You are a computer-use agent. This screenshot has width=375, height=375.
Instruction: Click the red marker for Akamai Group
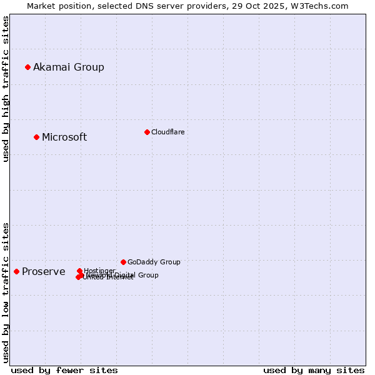tap(27, 67)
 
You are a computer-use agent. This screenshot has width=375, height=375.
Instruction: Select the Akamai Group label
tap(69, 67)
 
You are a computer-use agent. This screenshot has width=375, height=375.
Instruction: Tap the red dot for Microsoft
tap(36, 137)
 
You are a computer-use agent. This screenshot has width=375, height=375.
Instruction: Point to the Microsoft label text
tap(64, 137)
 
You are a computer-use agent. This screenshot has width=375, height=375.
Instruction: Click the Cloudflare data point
tap(147, 132)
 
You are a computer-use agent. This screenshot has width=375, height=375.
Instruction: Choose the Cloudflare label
tap(168, 132)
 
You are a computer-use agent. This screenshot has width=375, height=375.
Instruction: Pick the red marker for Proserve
tap(16, 271)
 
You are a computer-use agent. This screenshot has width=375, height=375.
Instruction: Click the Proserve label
tap(44, 272)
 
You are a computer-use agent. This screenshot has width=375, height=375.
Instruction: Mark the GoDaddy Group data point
tap(123, 262)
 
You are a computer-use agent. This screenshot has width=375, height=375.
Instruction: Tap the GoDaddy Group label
tap(154, 262)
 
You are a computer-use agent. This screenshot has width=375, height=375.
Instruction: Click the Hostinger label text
tap(99, 271)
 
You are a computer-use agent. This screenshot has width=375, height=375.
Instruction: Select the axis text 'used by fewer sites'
tap(64, 370)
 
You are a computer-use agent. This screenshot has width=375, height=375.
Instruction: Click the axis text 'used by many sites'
tap(314, 370)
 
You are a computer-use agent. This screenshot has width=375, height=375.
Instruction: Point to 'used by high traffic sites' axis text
tap(6, 89)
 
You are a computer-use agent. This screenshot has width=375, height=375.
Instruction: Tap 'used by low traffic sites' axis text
tap(6, 292)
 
